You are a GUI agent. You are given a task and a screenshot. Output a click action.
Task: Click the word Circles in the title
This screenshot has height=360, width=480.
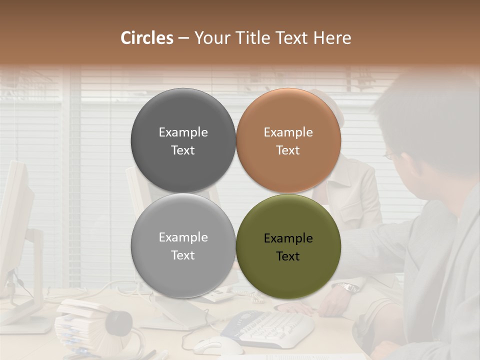[147, 38]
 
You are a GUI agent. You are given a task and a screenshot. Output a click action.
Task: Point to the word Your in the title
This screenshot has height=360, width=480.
[211, 38]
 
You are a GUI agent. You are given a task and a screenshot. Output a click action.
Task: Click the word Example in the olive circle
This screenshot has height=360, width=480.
[288, 238]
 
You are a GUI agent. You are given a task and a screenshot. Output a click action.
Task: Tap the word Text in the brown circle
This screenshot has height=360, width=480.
[288, 150]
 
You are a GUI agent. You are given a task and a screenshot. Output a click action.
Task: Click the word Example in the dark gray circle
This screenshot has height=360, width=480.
[183, 132]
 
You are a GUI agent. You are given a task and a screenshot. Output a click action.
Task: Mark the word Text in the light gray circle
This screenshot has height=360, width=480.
[183, 255]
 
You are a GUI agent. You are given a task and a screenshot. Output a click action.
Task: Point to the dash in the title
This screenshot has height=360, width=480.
[183, 38]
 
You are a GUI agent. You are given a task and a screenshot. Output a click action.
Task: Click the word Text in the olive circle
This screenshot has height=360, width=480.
[288, 256]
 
